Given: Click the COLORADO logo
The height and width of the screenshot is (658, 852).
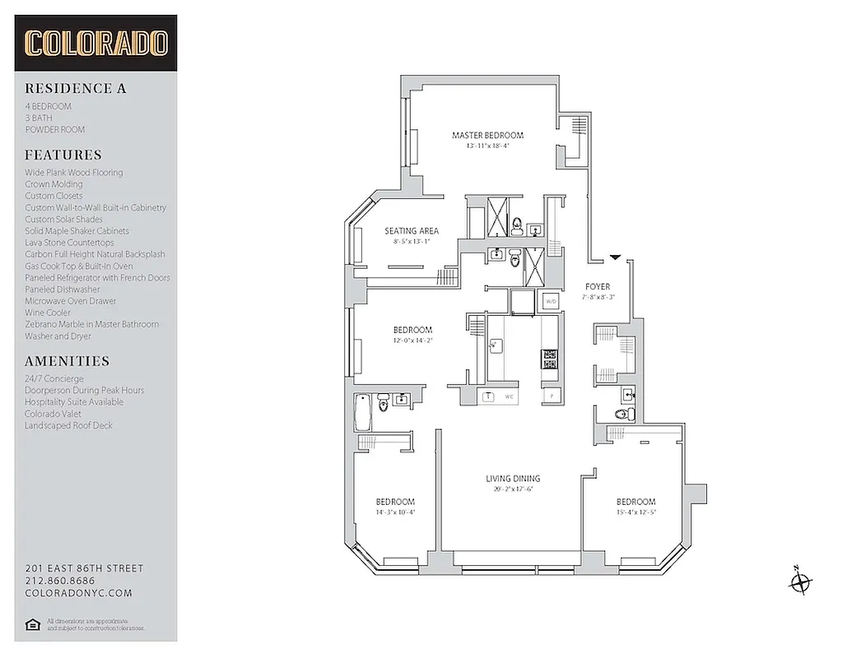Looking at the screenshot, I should (x=95, y=43).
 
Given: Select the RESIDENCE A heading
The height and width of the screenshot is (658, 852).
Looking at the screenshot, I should (x=76, y=89).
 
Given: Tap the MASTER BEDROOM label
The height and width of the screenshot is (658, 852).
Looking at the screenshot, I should (x=487, y=136).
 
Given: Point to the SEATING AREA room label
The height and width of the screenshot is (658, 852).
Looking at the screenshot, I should (x=411, y=231).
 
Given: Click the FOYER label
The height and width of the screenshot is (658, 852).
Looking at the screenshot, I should (x=597, y=287).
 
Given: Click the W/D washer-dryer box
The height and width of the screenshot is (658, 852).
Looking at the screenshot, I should (x=550, y=302).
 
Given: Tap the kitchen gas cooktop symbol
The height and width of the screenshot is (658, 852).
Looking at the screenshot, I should (x=549, y=359).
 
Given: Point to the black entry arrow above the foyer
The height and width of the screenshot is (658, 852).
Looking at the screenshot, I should (x=615, y=258).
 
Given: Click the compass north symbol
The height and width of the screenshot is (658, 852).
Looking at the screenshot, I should (x=799, y=582).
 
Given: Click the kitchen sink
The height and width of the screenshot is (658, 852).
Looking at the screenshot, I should (x=496, y=346).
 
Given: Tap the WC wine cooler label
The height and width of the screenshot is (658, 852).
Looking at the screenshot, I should (x=510, y=396).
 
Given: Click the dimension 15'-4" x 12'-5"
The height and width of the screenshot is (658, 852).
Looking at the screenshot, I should (x=636, y=512).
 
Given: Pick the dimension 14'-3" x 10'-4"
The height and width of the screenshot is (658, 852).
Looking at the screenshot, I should (x=395, y=512).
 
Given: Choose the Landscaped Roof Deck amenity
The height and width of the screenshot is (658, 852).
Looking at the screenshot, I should (x=68, y=425).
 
